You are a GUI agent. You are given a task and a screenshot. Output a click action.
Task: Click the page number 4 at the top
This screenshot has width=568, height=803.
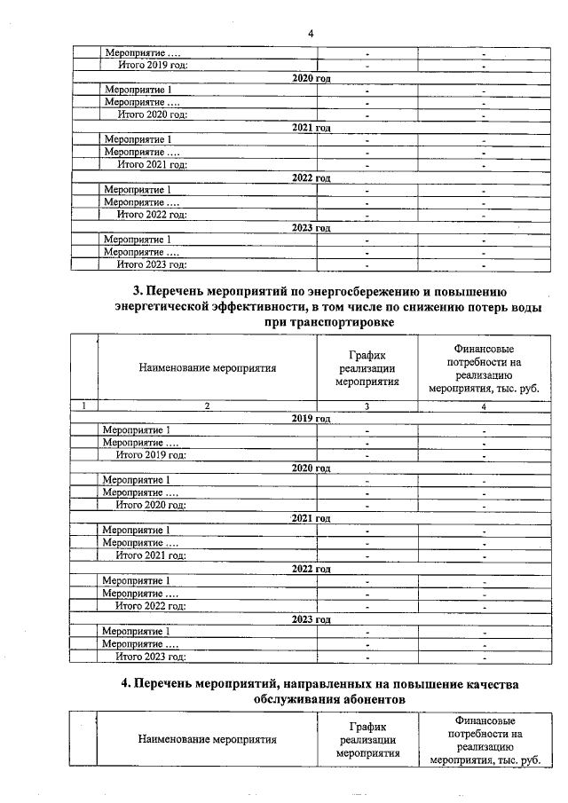click(311, 34)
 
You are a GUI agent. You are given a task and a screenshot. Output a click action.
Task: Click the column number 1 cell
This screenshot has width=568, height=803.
click(83, 405)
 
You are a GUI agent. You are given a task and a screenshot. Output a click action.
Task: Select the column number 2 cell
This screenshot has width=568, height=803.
click(207, 405)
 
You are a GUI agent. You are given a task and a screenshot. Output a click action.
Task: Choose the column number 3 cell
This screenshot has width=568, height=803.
click(367, 405)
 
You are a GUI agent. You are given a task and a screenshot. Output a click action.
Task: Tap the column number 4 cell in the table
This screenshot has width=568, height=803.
click(484, 405)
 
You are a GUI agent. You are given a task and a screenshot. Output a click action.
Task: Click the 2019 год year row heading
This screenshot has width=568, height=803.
click(311, 418)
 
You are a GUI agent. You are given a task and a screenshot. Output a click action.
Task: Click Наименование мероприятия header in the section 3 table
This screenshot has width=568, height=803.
click(208, 366)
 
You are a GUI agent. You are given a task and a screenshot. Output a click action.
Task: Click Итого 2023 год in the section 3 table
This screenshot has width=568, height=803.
click(151, 657)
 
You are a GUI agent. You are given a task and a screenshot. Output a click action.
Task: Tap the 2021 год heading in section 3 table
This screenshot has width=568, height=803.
click(311, 518)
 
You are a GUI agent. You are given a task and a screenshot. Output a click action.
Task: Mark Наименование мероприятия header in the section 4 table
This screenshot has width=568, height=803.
click(208, 739)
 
